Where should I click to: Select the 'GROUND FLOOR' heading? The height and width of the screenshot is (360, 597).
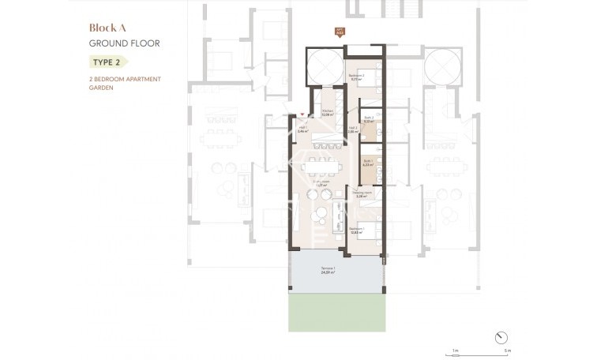coord(124,43)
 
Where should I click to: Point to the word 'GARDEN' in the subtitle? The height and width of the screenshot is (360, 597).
coord(102,88)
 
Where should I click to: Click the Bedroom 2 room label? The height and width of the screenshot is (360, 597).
coord(355,77)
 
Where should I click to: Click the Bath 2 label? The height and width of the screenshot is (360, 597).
coord(368,119)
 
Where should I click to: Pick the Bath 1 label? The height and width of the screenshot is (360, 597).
coord(368,163)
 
